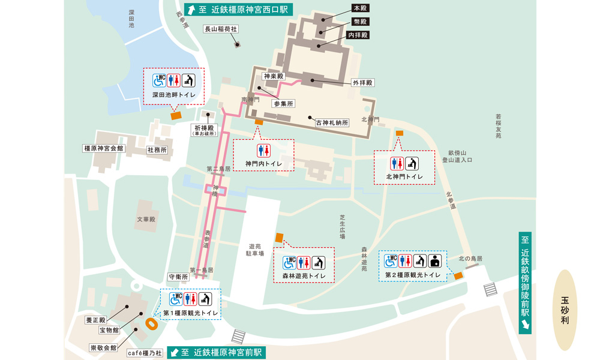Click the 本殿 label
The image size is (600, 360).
[359, 9]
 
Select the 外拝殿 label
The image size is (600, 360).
[361, 82]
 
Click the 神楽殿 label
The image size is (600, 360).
[274, 76]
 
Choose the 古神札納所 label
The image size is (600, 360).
[332, 122]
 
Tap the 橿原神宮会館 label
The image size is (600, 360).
[103, 148]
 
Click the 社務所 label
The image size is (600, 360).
[157, 150]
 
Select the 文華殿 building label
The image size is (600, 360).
[146, 220]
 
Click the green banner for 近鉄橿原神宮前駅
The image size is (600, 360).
[215, 352]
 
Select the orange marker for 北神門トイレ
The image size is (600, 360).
[399, 133]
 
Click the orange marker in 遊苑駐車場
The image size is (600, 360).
[278, 238]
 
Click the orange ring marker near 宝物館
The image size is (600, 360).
[152, 323]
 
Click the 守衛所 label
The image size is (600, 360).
[178, 277]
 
